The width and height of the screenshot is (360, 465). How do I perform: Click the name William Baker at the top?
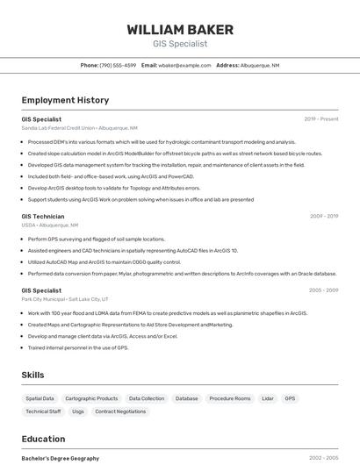(x=179, y=29)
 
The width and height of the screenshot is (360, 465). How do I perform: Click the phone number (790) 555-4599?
(x=118, y=65)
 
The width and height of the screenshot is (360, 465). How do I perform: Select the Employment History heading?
(x=65, y=100)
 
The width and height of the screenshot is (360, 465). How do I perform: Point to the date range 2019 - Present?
(x=321, y=118)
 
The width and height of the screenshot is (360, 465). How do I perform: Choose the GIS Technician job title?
(x=43, y=216)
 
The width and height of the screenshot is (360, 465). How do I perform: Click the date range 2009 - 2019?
(x=324, y=216)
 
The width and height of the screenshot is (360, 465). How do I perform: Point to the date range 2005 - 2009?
(x=324, y=290)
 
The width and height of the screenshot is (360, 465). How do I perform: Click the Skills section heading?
(x=32, y=375)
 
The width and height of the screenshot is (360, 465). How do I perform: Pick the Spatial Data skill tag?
(x=40, y=398)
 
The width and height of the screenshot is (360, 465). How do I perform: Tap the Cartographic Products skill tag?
(x=91, y=398)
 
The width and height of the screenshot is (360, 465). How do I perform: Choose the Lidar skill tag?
(x=268, y=398)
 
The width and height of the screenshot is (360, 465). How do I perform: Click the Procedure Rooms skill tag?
(x=230, y=398)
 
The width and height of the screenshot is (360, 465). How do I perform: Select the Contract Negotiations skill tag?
(x=120, y=411)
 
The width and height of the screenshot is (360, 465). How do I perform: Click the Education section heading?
(x=43, y=439)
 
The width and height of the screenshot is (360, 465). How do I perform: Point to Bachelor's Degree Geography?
(x=60, y=458)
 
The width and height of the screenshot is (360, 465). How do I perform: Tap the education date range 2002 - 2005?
(x=324, y=458)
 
